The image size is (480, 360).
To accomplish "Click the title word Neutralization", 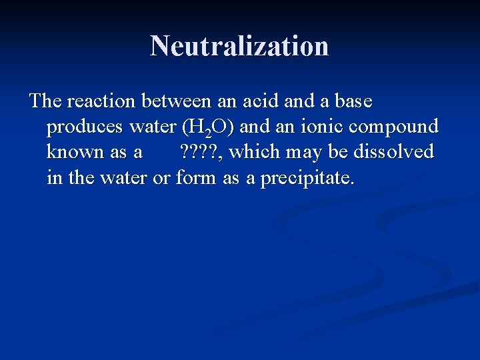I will (x=239, y=46).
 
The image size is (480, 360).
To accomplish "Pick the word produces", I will (x=85, y=127).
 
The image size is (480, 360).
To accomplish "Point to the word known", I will (x=76, y=152).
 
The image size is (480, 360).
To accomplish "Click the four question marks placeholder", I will (x=202, y=152).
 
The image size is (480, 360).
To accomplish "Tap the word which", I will (x=257, y=152).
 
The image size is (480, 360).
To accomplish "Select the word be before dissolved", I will (x=339, y=152).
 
